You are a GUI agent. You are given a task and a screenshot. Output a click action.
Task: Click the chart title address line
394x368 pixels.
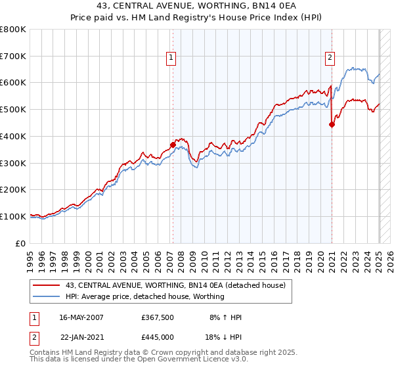(197, 7)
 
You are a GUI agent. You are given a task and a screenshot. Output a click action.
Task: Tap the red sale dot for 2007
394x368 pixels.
(173, 145)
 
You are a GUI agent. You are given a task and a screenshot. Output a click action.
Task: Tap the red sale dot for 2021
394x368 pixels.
(332, 124)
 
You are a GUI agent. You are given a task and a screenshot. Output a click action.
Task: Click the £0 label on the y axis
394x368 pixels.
(21, 243)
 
